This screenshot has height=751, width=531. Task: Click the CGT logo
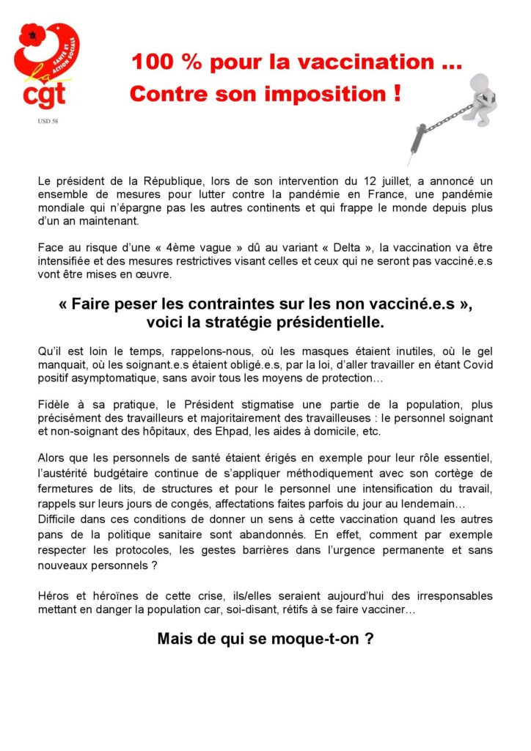[x=45, y=65]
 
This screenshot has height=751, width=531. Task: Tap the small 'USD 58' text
[x=48, y=121]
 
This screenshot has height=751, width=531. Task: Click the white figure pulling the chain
[x=477, y=98]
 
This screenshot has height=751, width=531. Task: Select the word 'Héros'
[x=54, y=596]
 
